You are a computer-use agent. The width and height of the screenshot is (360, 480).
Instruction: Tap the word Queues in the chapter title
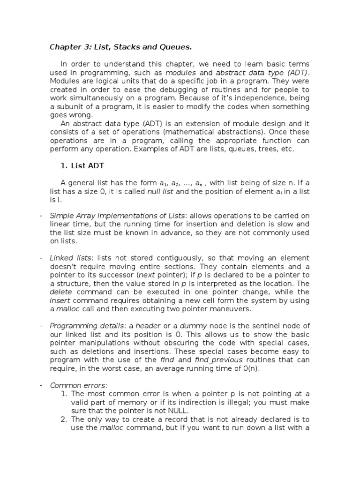[x=176, y=47]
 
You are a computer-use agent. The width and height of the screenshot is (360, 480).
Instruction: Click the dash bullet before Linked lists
[x=41, y=258]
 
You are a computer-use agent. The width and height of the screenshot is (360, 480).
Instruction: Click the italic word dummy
[x=180, y=326]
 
